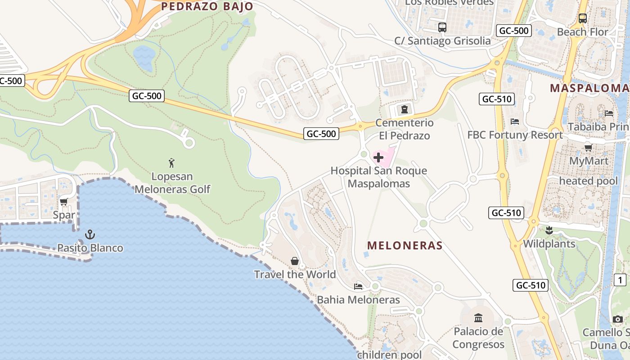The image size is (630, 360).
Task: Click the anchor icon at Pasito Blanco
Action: coord(90,234)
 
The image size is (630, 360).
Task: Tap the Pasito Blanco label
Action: coord(90,248)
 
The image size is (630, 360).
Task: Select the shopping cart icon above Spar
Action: coord(63,202)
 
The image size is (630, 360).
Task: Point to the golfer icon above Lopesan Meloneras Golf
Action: coord(171,162)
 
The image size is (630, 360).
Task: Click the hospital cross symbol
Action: coord(378,157)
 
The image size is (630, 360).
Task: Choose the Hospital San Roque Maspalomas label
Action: coord(378,177)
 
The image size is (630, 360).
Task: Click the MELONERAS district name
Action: coord(405,246)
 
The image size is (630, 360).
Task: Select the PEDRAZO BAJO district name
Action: coord(207,6)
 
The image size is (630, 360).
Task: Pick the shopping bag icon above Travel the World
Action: coord(295,261)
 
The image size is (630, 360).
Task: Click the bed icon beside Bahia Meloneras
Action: coord(358,286)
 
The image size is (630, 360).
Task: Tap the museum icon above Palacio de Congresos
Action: coord(478,319)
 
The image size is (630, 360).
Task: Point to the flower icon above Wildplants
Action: coord(549,231)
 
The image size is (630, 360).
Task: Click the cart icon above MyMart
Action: coord(588,148)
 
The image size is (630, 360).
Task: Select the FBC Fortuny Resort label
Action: coord(515,135)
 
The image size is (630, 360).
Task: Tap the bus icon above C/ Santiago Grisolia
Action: coord(442,27)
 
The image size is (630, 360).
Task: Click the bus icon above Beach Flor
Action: coord(582,18)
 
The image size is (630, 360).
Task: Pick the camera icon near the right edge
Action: coord(618,319)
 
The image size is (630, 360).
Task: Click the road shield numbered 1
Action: coord(620,280)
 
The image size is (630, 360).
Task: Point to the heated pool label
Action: coord(588,181)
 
